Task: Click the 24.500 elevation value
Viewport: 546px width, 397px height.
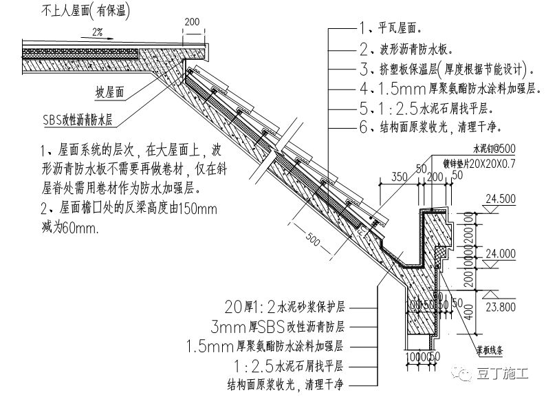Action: click(500, 200)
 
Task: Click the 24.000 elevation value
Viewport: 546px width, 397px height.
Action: click(500, 253)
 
